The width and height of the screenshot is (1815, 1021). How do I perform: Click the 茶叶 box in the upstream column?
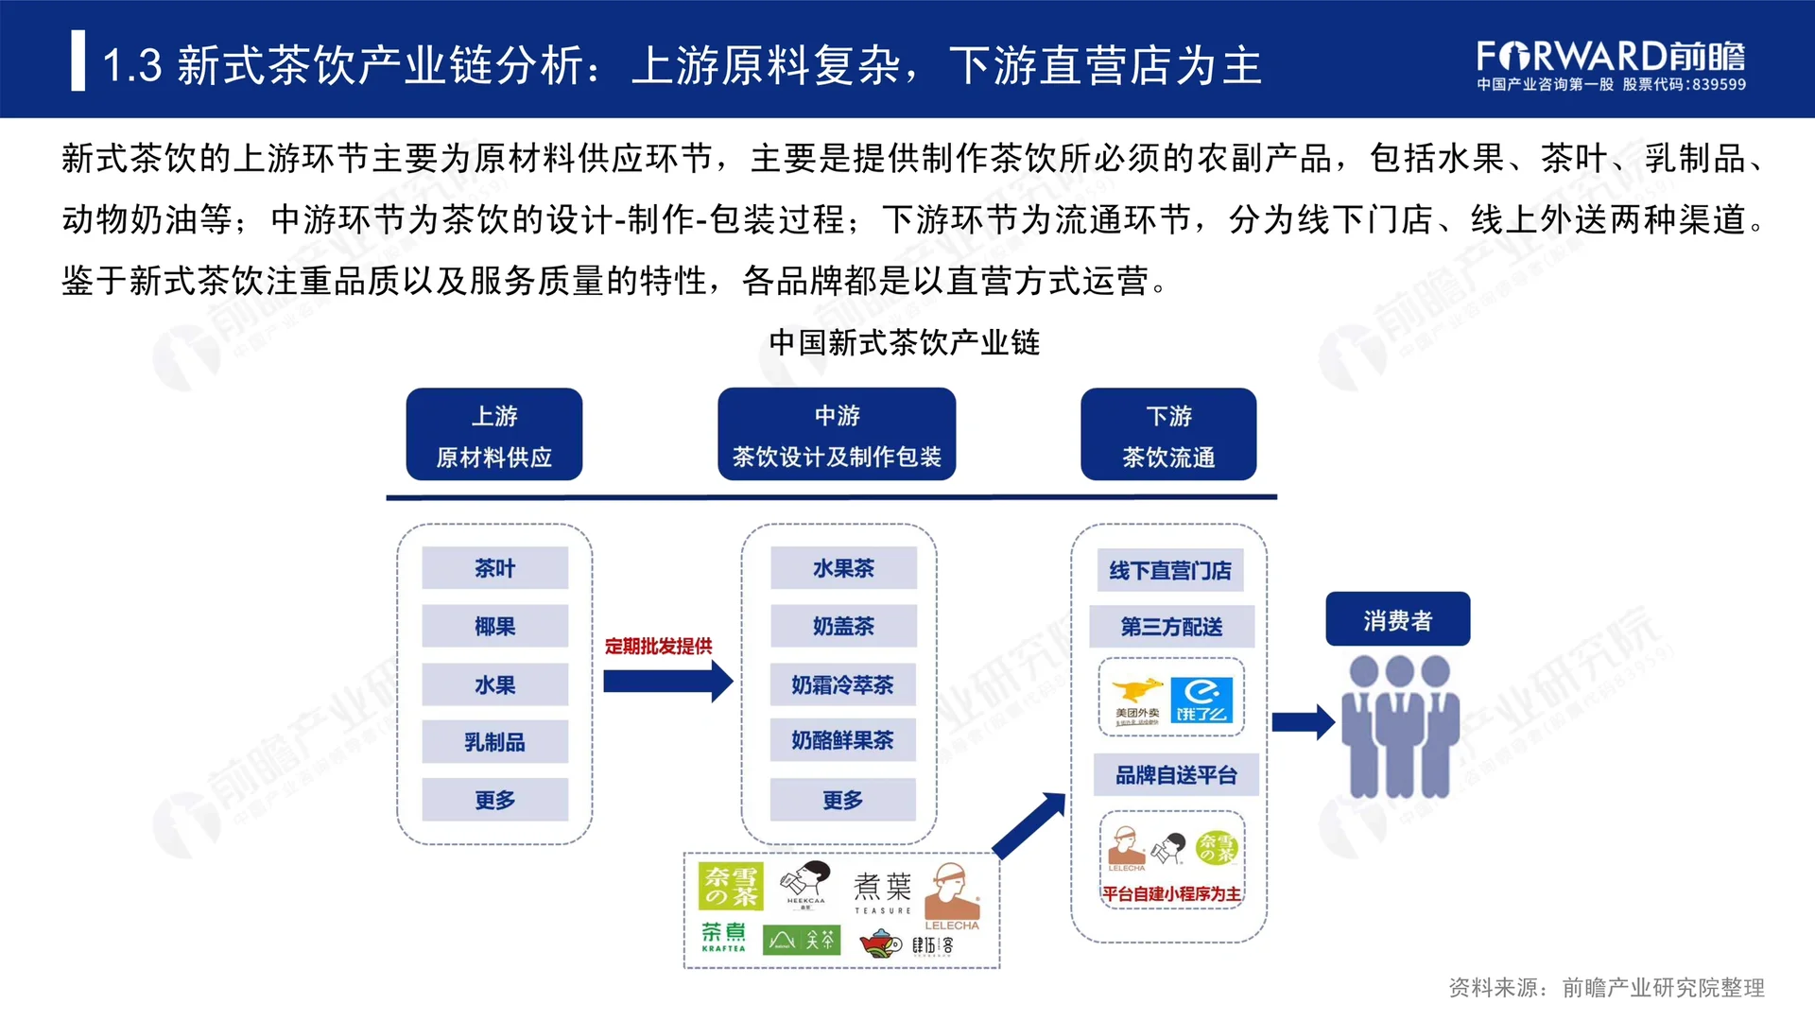(494, 568)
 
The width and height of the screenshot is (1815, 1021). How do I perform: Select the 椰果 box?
(494, 626)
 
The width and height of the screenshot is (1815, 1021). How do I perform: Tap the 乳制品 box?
(494, 742)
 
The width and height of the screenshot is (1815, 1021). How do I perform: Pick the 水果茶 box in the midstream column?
(843, 568)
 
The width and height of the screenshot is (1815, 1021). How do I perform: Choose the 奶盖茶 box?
(843, 626)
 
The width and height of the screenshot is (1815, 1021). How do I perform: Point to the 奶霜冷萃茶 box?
(842, 684)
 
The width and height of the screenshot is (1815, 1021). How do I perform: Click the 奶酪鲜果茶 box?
(842, 740)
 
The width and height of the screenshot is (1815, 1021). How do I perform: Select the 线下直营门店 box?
(1170, 570)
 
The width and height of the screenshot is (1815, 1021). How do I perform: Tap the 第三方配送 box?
(1171, 627)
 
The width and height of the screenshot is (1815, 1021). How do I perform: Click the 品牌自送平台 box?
(1176, 775)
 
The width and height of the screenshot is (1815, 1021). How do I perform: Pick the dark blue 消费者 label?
(1397, 620)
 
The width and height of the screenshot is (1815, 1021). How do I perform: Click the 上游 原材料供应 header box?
(493, 435)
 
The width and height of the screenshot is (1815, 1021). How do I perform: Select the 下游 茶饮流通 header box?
(1168, 435)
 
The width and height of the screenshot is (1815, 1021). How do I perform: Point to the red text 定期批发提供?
(658, 647)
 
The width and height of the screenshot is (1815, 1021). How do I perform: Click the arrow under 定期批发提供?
(667, 682)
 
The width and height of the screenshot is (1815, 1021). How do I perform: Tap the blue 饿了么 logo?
(1201, 701)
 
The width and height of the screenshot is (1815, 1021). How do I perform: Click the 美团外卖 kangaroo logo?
(1136, 701)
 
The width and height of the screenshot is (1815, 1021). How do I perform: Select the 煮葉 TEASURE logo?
(883, 892)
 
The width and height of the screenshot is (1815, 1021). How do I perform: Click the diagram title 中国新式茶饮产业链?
(904, 342)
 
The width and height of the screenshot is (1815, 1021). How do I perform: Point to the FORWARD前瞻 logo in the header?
(1610, 64)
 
